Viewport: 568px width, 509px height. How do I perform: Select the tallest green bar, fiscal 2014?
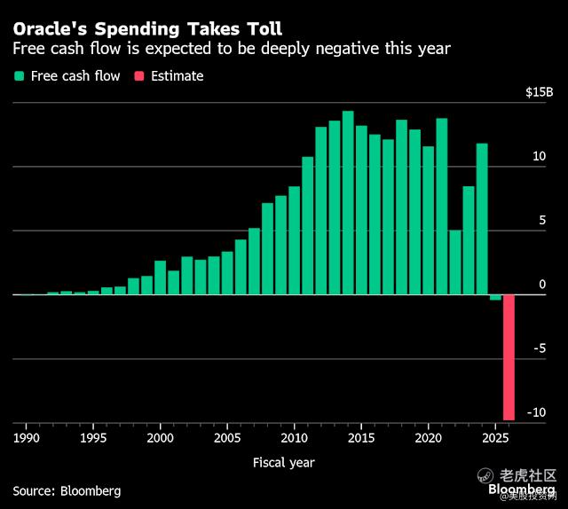[x=348, y=203]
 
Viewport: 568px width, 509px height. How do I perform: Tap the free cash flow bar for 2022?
[x=455, y=262]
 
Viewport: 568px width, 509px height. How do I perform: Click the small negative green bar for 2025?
[x=495, y=297]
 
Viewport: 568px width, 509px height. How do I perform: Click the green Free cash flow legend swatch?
[x=19, y=76]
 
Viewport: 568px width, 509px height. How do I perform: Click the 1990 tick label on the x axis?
[x=26, y=437]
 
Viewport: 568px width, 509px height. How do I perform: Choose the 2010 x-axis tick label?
[x=294, y=437]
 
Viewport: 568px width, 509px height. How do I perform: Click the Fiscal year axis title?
[x=283, y=462]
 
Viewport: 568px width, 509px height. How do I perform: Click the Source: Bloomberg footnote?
[x=67, y=490]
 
